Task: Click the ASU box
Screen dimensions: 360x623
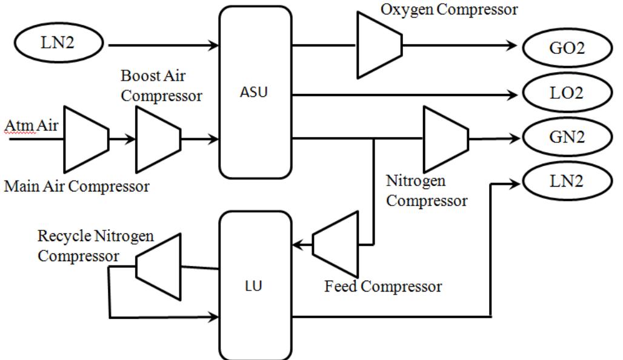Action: (x=255, y=94)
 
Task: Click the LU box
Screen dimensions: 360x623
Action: (x=255, y=285)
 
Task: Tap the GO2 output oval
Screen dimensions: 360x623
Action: (x=567, y=47)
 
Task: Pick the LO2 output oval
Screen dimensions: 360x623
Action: (x=567, y=94)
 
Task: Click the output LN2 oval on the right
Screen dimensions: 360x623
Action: (x=567, y=181)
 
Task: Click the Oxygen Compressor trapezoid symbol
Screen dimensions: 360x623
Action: (x=379, y=45)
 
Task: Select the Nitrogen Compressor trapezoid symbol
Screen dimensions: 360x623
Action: (x=445, y=139)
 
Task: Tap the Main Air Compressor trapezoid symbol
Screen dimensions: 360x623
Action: (x=85, y=139)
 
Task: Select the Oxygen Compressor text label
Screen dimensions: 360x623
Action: (x=449, y=10)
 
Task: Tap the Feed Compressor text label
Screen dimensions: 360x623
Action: (x=383, y=286)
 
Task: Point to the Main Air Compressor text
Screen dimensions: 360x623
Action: (x=76, y=186)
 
